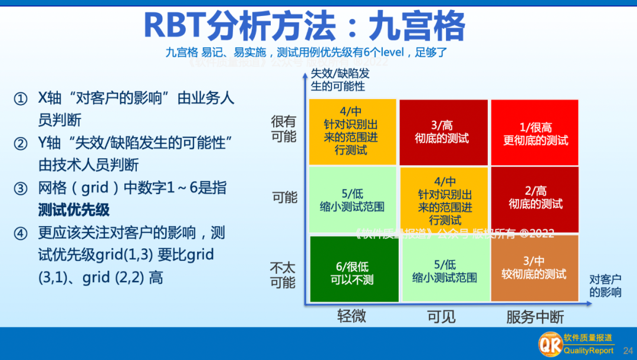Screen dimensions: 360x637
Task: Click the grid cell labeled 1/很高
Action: (535, 132)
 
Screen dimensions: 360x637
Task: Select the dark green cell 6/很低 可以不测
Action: (352, 269)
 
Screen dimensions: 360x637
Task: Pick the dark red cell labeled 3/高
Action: (443, 132)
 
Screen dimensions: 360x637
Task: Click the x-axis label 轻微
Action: (352, 316)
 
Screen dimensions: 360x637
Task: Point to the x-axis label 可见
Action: (441, 316)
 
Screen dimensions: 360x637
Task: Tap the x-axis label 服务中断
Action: (535, 317)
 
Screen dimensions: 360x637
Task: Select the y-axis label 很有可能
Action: (284, 129)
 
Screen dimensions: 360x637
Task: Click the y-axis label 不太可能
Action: (283, 275)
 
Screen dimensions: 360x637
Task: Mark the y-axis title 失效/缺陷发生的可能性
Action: (340, 80)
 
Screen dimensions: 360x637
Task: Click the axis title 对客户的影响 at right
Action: (605, 286)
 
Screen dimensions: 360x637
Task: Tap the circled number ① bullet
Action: (21, 99)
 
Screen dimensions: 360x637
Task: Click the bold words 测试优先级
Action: (74, 210)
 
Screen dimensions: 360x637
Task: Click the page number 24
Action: (628, 351)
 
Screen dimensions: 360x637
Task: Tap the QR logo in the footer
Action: (549, 343)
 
